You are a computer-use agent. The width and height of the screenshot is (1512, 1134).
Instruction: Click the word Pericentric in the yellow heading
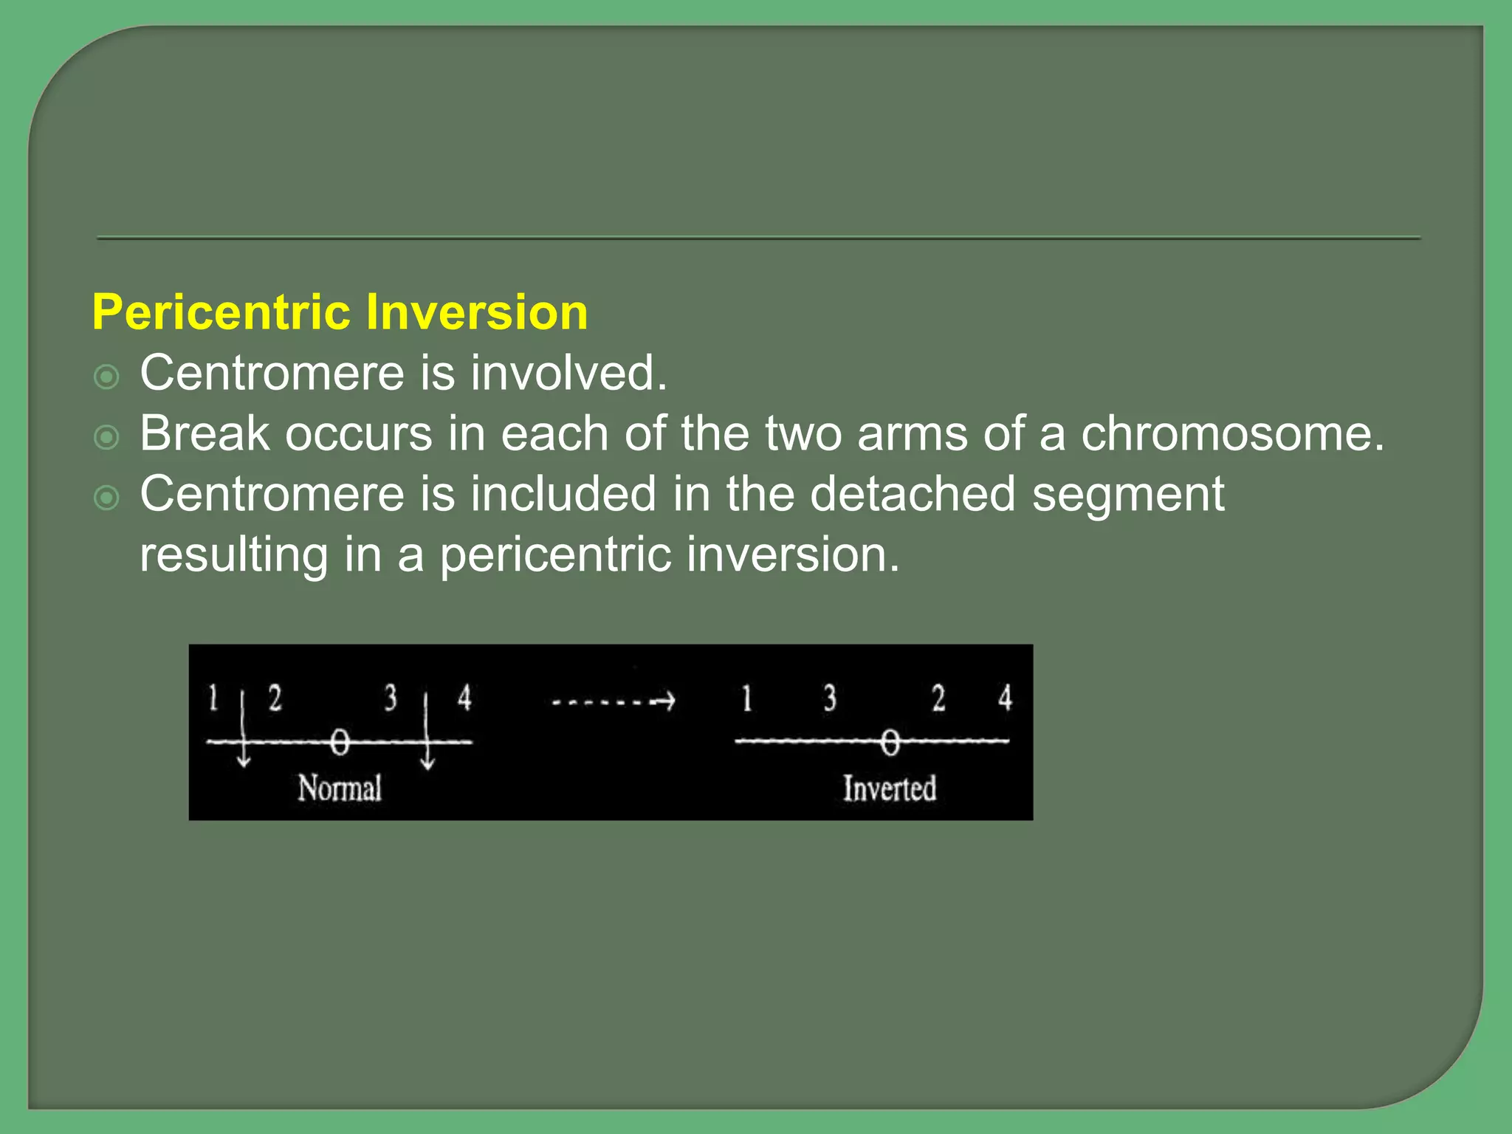coord(221,313)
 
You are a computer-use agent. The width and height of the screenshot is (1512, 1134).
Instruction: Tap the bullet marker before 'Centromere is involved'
coord(107,378)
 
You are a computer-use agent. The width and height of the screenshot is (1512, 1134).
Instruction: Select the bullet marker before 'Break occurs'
coord(107,438)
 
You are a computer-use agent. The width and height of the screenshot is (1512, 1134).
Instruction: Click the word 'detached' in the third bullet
coord(913,494)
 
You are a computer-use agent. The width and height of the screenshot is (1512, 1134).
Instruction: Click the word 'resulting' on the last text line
coord(233,555)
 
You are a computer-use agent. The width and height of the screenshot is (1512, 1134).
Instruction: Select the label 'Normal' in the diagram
coord(340,788)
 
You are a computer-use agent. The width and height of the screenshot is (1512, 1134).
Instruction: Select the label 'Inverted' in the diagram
coord(890,788)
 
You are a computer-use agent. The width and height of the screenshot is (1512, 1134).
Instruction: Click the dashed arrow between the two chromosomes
coord(614,701)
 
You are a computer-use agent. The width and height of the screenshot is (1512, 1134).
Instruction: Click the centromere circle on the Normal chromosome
coord(339,742)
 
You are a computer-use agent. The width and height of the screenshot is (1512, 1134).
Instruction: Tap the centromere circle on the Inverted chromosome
coord(890,742)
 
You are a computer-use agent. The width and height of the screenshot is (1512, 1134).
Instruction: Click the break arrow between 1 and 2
coord(244,731)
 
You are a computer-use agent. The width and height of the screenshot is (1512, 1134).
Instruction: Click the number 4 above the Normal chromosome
coord(464,698)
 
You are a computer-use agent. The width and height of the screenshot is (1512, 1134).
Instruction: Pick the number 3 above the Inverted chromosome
coord(830,698)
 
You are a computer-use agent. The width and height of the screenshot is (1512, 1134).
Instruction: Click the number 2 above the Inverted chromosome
coord(938,698)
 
